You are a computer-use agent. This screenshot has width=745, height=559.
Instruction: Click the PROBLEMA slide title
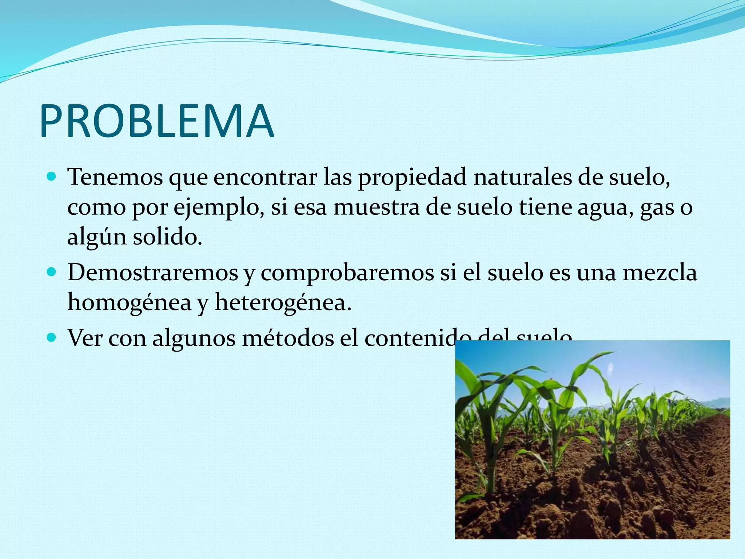(156, 121)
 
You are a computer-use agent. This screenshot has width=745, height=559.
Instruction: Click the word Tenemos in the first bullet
(115, 178)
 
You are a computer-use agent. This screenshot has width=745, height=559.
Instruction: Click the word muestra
(377, 207)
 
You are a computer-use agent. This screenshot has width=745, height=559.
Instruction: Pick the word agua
(605, 208)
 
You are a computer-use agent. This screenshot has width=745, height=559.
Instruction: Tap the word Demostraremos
(153, 272)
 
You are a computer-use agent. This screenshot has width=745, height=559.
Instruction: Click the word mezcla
(660, 272)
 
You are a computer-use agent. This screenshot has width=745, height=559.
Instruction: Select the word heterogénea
(283, 302)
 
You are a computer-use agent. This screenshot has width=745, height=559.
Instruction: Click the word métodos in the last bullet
(288, 338)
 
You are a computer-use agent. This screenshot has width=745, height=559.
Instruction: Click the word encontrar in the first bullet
(265, 178)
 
